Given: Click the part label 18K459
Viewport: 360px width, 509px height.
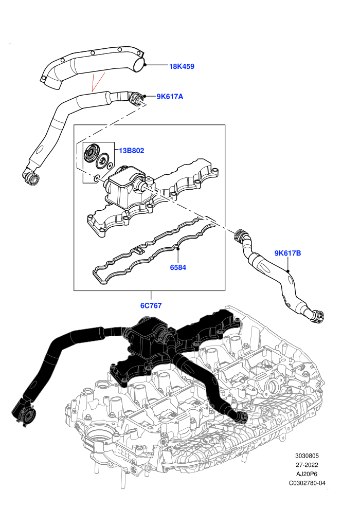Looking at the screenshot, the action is [182, 66].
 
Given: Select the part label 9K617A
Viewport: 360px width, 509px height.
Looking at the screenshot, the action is [170, 97].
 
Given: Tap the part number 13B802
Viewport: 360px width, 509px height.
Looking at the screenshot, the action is [131, 151].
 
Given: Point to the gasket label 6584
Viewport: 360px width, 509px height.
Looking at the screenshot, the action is [178, 267].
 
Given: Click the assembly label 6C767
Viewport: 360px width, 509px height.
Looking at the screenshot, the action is [151, 305].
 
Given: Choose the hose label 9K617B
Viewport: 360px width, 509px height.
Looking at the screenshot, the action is [287, 253].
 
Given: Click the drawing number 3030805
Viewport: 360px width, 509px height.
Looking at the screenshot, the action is [307, 456].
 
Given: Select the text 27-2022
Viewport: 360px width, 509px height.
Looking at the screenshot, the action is [307, 465].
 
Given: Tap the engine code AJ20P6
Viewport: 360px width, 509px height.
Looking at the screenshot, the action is [307, 474].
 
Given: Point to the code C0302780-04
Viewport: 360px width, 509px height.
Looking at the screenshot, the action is [307, 483].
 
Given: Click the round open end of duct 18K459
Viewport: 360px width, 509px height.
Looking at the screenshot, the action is [139, 64].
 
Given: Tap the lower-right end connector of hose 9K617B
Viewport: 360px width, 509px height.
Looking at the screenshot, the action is [317, 317].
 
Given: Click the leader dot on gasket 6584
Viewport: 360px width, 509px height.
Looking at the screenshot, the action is [178, 249].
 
